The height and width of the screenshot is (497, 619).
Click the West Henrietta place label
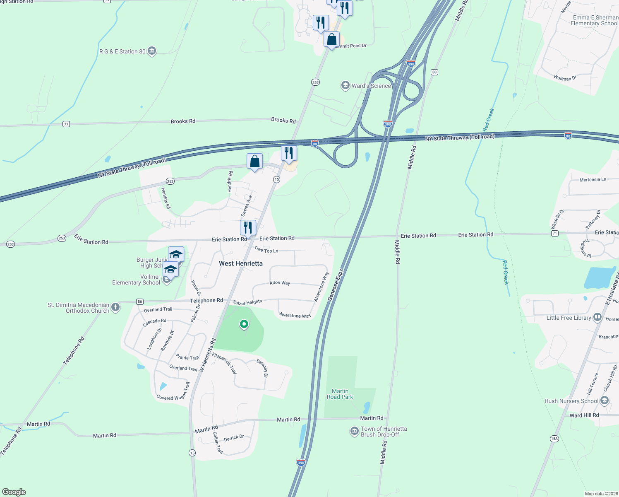240,263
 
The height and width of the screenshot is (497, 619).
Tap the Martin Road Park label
340,394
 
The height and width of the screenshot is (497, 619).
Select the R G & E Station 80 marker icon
152,51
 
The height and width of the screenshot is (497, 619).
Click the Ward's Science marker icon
345,86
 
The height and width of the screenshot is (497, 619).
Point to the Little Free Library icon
597,318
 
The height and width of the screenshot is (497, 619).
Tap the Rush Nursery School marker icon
605,400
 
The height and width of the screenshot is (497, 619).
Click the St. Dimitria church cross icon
115,307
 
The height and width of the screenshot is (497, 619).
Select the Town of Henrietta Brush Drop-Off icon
354,432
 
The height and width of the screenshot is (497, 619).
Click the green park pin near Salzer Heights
244,324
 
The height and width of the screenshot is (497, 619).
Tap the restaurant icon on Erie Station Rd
248,227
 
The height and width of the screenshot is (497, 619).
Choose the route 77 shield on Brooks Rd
66,124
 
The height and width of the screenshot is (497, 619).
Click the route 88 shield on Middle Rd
434,72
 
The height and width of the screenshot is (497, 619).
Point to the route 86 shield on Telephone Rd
140,302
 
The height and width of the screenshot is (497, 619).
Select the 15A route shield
554,439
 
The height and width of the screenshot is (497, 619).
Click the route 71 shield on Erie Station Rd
555,234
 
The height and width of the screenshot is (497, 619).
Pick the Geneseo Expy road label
335,285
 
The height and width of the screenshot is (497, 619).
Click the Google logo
14,492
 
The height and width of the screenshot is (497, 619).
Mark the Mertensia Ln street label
593,180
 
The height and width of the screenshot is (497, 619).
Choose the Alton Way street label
280,283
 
